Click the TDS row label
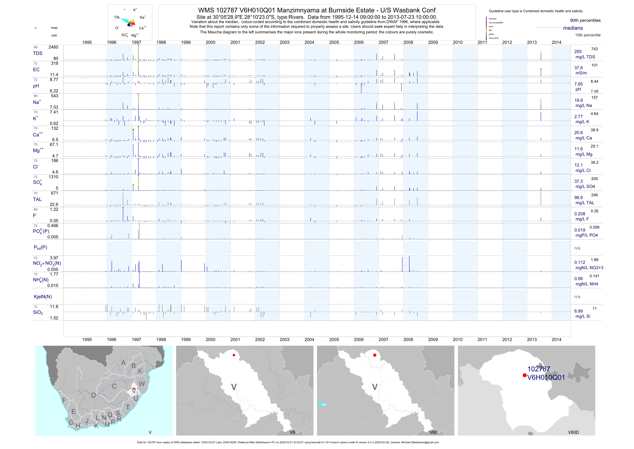[x=38, y=53]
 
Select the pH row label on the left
[x=36, y=86]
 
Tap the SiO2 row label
[x=38, y=312]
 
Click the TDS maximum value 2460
[x=53, y=47]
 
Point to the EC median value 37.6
[x=578, y=68]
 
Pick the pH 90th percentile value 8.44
[x=594, y=81]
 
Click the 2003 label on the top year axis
[x=284, y=42]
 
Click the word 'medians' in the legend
[x=573, y=28]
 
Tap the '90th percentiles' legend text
[x=585, y=21]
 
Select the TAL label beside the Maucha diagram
[x=117, y=17]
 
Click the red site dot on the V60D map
[x=524, y=375]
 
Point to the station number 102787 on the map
[x=539, y=369]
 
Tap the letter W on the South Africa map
[x=141, y=384]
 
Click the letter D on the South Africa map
[x=94, y=395]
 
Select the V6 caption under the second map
[x=292, y=432]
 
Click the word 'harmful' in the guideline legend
[x=492, y=19]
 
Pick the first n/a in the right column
[x=577, y=248]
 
